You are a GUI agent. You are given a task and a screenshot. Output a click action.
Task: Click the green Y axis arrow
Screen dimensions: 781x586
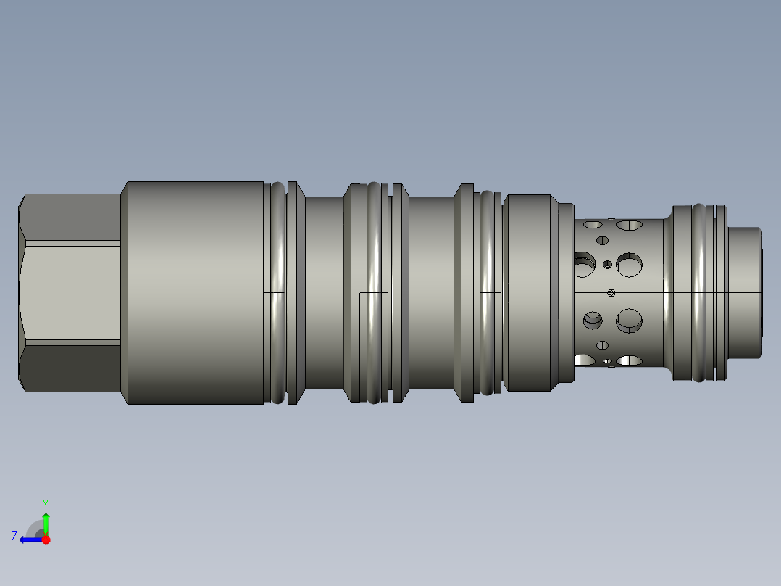pos(46,524)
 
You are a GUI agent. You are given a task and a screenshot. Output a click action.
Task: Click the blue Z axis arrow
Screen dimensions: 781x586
pos(31,540)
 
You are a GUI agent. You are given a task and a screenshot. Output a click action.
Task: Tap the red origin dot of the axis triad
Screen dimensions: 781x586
pos(46,540)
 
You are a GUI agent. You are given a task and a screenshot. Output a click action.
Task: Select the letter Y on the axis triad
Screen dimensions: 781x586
pos(46,504)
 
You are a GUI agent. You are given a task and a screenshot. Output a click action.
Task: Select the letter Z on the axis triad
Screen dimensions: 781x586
pos(14,536)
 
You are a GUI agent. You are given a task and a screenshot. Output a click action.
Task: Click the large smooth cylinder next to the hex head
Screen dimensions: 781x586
pos(196,293)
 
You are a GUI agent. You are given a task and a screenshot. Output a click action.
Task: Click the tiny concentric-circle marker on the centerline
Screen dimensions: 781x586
pos(611,293)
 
